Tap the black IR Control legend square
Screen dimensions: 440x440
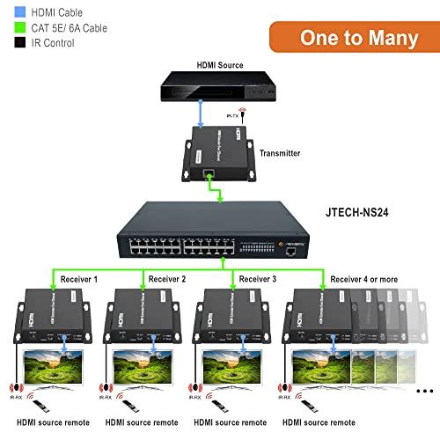19,43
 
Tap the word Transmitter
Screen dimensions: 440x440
280,153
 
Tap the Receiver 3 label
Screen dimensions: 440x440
258,279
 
